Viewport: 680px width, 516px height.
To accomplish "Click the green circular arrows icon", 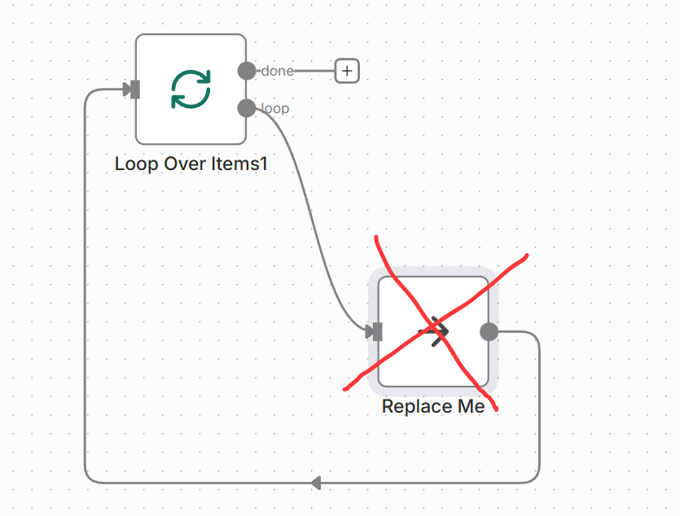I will point(191,90).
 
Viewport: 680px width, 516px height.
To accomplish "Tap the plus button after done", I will point(347,71).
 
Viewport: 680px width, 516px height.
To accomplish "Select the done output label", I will point(278,71).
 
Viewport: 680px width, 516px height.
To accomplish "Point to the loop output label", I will point(275,108).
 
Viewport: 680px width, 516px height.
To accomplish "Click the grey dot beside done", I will point(247,71).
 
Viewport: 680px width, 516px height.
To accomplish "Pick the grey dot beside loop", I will point(247,107).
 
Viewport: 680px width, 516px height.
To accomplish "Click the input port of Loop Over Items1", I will point(135,90).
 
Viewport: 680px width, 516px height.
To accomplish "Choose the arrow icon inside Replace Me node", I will point(434,331).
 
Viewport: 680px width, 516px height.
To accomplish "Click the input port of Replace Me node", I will point(377,331).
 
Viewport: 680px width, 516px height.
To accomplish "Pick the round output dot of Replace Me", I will point(489,331).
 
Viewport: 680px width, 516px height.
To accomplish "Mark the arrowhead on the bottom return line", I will point(316,483).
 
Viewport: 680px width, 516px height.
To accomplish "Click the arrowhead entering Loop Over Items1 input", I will point(126,90).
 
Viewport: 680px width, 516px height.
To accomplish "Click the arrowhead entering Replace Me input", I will point(369,331).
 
